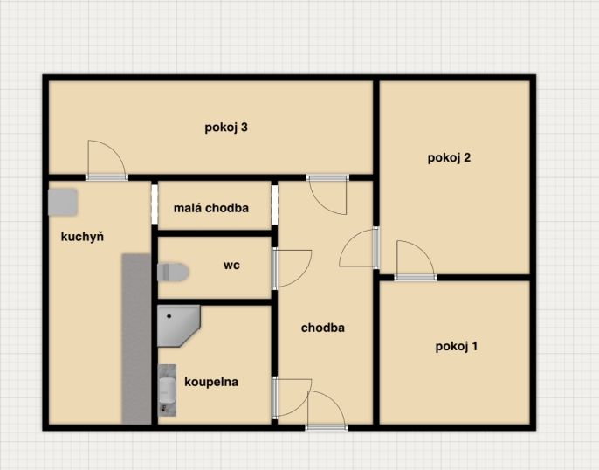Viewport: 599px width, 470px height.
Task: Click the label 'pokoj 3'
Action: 226,128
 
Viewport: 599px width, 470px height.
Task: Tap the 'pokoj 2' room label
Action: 449,157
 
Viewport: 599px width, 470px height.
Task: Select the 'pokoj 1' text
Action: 457,347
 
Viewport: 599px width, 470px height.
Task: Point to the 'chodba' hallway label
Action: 323,328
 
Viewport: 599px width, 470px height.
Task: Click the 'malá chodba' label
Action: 211,208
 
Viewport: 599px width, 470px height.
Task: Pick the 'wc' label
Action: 231,265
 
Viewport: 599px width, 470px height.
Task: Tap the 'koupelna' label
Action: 211,382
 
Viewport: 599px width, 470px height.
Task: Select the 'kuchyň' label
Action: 82,237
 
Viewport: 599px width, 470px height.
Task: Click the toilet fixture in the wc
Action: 173,272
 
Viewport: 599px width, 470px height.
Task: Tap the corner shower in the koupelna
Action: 177,325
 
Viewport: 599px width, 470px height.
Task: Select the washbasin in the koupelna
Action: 168,391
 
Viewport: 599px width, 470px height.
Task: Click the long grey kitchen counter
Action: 136,339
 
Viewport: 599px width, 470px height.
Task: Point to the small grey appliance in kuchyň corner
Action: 63,202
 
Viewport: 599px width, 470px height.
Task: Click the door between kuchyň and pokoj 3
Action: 107,160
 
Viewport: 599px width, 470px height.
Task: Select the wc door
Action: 292,268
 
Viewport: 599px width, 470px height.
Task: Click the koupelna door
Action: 292,397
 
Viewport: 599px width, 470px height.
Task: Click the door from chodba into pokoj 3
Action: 327,195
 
